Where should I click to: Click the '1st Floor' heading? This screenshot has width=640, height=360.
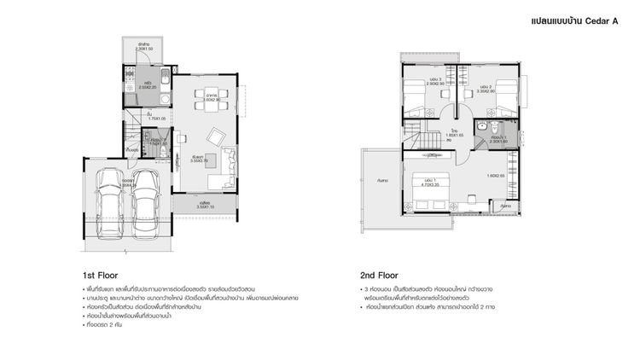(x=100, y=276)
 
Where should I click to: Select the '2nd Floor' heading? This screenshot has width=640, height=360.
(x=379, y=276)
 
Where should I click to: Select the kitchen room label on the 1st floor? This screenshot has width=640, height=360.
(x=148, y=85)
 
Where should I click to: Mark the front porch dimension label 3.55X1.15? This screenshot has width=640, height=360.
(x=205, y=205)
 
